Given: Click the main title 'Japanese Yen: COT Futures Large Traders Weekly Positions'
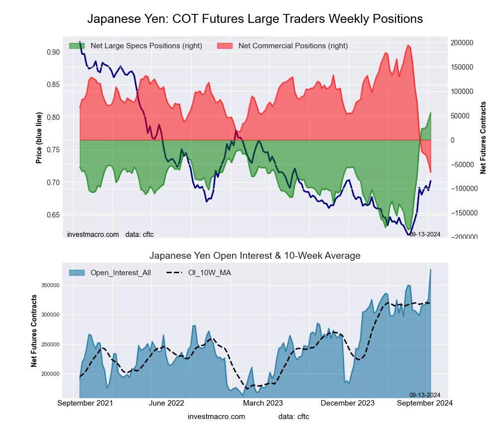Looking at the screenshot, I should tap(255, 19).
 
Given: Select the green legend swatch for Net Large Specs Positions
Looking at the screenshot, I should tap(77, 46).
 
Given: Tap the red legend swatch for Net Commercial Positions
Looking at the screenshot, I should tap(225, 46).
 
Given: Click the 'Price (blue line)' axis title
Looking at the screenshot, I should tap(39, 138).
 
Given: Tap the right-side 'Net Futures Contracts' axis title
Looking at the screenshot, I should tap(483, 138).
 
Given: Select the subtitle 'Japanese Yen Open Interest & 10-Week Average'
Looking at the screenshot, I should tap(255, 256).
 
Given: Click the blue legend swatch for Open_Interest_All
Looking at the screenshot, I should tap(77, 273).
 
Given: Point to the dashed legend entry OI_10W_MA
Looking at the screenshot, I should tap(199, 273).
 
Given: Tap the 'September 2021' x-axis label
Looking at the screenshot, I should tap(85, 403).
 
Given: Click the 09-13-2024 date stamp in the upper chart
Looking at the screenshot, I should tap(424, 234).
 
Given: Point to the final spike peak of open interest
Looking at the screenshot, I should tap(430, 270).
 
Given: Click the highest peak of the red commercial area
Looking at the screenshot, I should tap(408, 45).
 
